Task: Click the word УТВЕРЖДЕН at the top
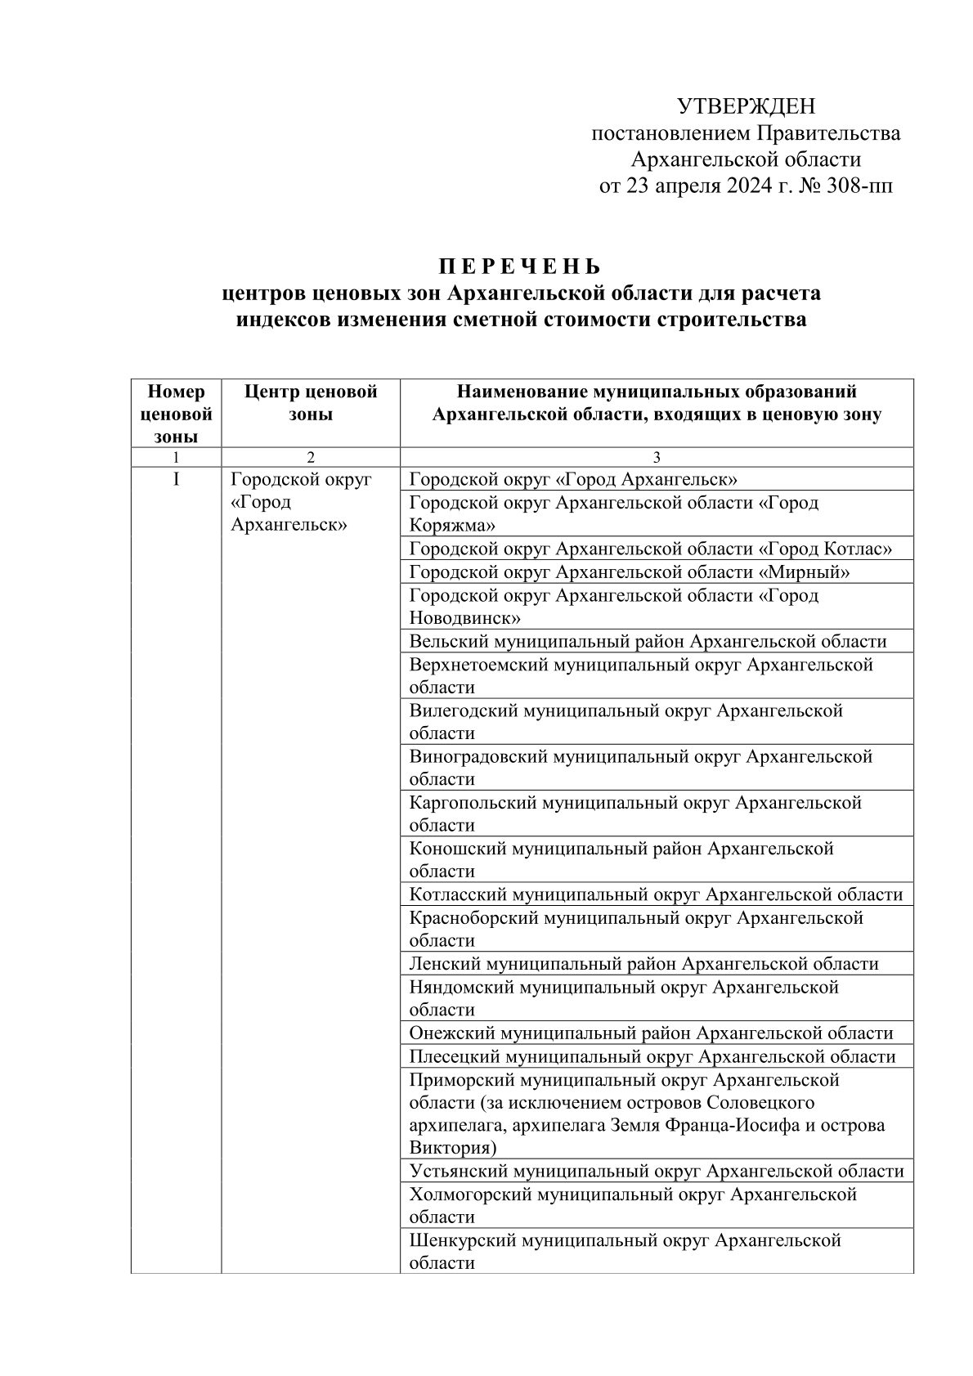click(x=746, y=106)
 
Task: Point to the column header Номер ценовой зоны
click(x=176, y=414)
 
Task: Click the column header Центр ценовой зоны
click(x=311, y=402)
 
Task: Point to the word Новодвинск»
click(x=464, y=618)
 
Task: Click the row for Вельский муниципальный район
click(x=648, y=642)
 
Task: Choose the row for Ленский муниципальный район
click(x=643, y=964)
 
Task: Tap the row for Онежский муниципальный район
click(x=651, y=1033)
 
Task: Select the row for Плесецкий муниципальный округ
click(x=652, y=1056)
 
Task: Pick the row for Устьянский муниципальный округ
click(x=657, y=1172)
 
